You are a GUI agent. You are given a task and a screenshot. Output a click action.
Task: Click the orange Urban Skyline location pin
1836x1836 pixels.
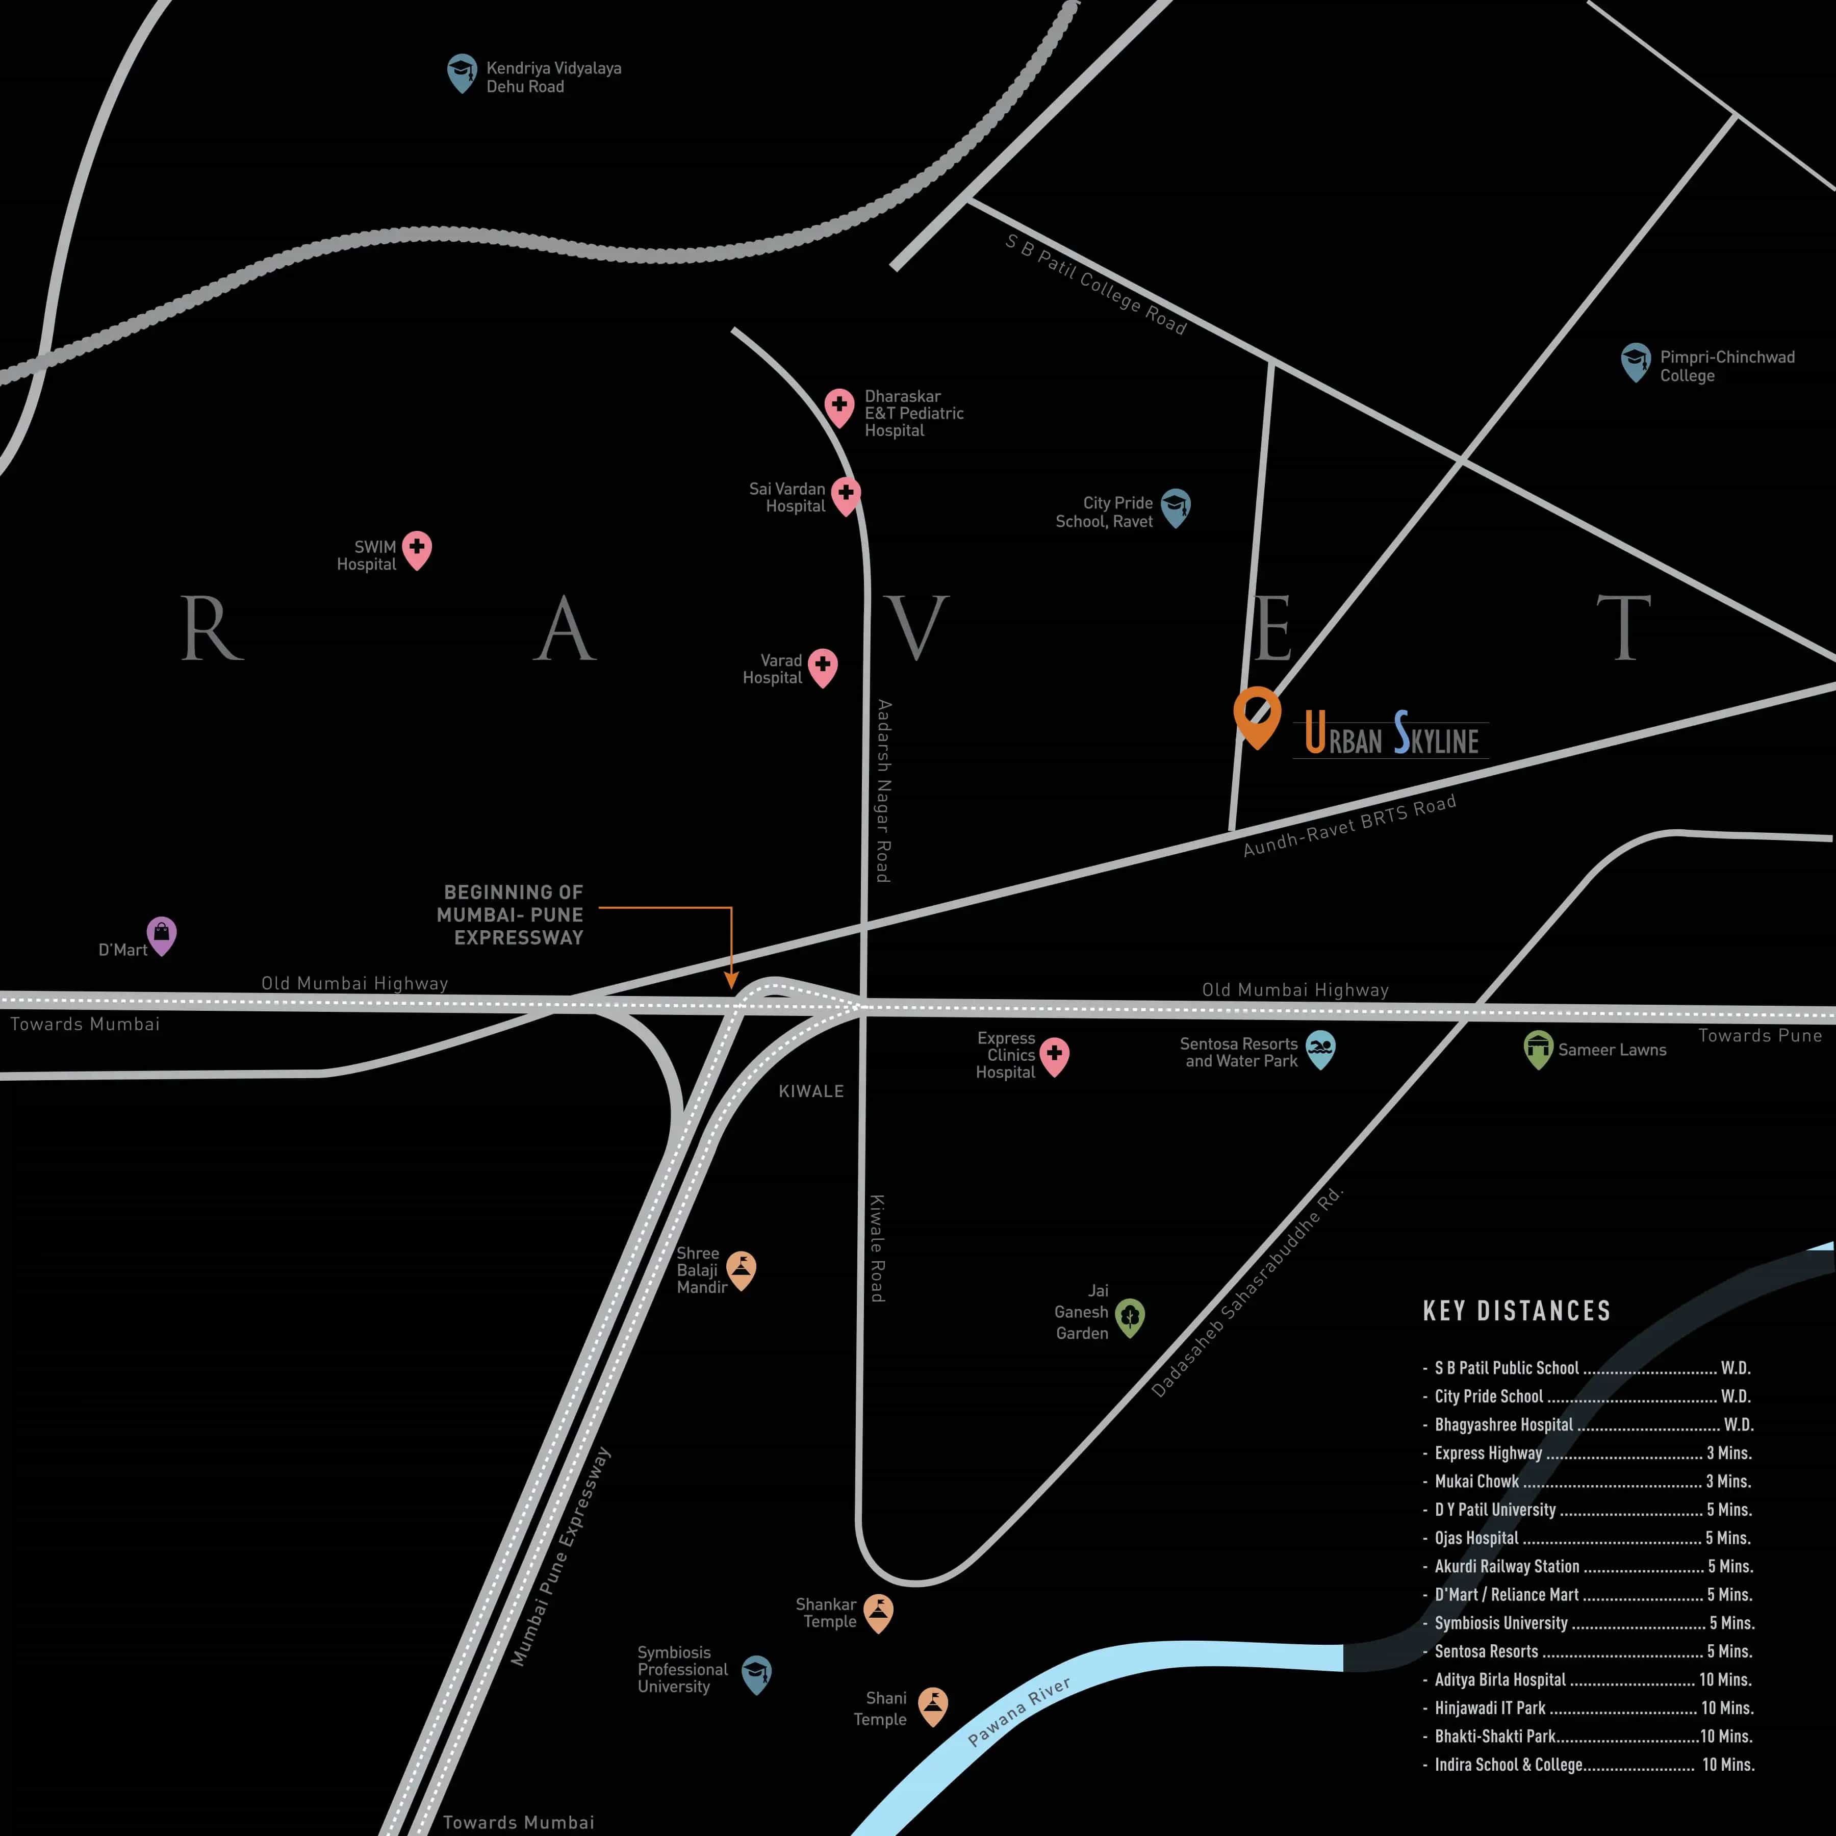pos(1256,715)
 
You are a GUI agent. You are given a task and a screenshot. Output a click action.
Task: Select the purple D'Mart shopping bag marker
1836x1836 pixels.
pos(162,934)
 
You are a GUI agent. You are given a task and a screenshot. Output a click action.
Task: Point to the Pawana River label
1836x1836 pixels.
pos(1019,1712)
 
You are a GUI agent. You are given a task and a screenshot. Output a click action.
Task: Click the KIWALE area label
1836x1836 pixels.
pos(810,1091)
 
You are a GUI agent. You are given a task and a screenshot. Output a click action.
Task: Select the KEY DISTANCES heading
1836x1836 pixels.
pos(1517,1311)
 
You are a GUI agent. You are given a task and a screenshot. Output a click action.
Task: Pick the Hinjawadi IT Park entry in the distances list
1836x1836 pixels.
pos(1490,1707)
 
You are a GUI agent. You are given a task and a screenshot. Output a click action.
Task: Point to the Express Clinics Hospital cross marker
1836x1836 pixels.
pos(1054,1055)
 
